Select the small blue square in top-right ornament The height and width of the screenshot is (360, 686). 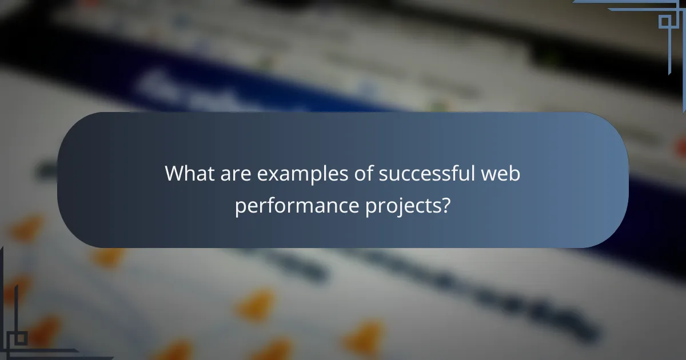[664, 22]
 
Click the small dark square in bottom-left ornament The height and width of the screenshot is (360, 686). [21, 338]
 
